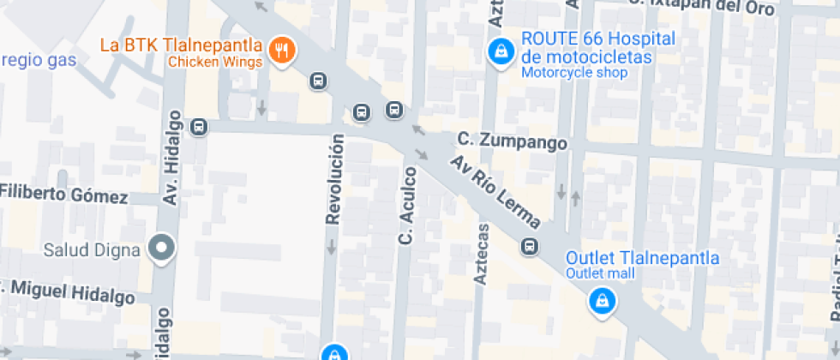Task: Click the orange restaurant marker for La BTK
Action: [282, 50]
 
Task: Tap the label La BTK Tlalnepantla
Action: [182, 45]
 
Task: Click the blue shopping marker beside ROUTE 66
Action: [498, 51]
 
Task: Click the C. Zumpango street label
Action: [512, 140]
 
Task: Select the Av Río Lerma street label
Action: [497, 194]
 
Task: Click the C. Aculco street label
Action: [409, 206]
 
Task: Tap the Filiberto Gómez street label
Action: [63, 194]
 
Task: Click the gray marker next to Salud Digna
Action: [160, 249]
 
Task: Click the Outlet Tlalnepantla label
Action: [642, 258]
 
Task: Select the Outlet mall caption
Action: [600, 273]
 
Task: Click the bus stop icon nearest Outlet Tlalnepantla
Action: [530, 248]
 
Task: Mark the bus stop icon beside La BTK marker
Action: [318, 81]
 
